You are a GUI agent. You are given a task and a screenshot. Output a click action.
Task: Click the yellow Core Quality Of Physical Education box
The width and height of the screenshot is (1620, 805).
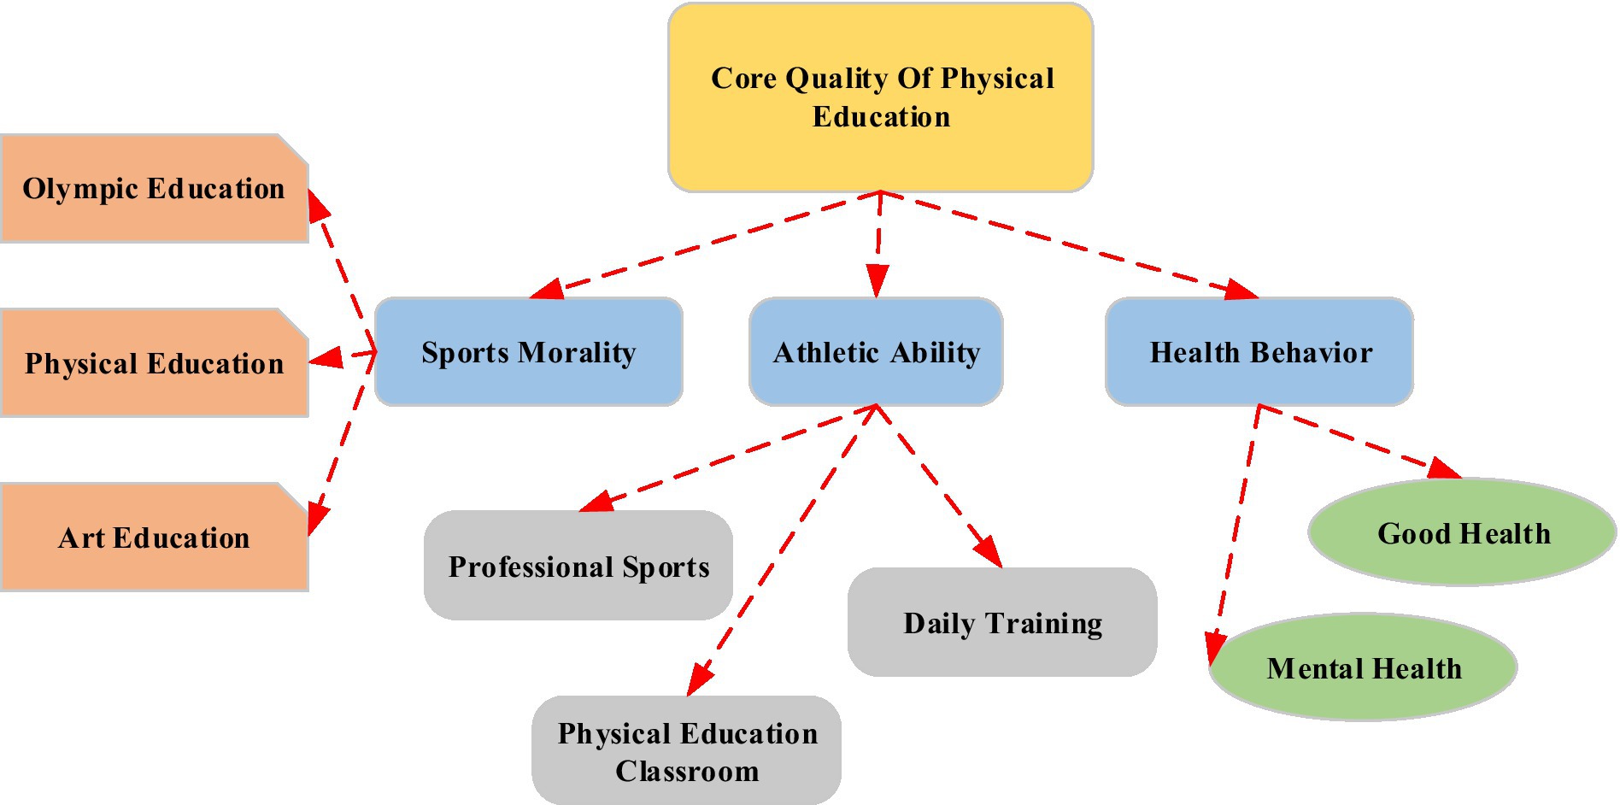click(880, 97)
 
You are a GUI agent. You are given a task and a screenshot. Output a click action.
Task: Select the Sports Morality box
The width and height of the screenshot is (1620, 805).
click(529, 351)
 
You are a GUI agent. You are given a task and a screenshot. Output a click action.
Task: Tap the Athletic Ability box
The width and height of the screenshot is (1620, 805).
click(876, 351)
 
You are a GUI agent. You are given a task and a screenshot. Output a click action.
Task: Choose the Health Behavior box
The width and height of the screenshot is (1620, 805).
click(1259, 351)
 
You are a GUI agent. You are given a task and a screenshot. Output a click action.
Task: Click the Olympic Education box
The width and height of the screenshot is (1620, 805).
click(154, 188)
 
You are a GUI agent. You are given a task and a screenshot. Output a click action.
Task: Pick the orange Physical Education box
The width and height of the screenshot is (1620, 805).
click(154, 363)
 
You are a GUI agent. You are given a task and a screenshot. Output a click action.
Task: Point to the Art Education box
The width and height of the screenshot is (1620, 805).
click(154, 538)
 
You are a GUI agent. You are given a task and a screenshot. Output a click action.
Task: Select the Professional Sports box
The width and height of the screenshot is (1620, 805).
click(578, 566)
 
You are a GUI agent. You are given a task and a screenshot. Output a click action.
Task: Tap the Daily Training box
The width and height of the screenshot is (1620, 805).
click(1002, 622)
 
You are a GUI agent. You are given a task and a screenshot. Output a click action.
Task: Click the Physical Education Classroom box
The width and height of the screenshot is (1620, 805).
click(686, 750)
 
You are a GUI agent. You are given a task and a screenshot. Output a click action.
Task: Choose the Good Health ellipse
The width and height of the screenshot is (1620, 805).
click(1463, 532)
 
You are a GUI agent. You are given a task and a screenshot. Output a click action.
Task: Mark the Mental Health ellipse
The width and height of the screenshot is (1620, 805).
click(1364, 667)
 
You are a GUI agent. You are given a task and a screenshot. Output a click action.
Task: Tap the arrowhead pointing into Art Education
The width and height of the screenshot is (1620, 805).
click(318, 518)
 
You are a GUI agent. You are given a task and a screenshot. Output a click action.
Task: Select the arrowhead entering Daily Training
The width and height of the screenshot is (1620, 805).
click(989, 552)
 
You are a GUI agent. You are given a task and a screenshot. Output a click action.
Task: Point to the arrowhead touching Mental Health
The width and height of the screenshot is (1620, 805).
click(1217, 648)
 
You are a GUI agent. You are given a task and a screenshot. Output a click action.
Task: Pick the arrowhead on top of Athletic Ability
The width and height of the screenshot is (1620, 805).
click(877, 281)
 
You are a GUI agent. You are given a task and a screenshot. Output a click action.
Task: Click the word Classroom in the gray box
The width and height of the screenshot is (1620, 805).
click(687, 771)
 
